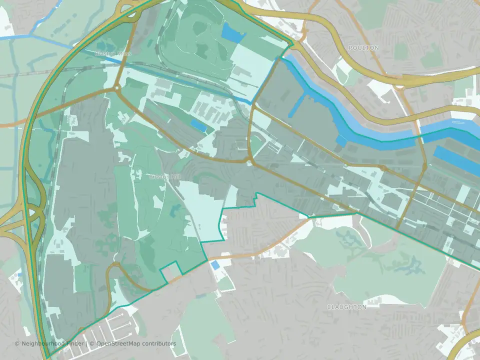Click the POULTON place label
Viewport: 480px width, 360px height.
[363, 47]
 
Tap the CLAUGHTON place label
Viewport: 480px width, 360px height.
[346, 306]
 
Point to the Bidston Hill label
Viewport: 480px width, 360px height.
[163, 177]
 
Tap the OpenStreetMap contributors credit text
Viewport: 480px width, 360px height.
[136, 344]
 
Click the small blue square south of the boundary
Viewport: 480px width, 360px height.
[214, 265]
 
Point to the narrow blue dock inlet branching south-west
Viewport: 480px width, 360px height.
[296, 105]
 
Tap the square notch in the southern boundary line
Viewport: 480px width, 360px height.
[170, 272]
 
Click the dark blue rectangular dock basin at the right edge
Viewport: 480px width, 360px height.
[457, 160]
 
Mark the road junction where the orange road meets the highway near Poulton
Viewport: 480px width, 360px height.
[398, 86]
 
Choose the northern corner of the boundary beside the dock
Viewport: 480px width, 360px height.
[290, 46]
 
